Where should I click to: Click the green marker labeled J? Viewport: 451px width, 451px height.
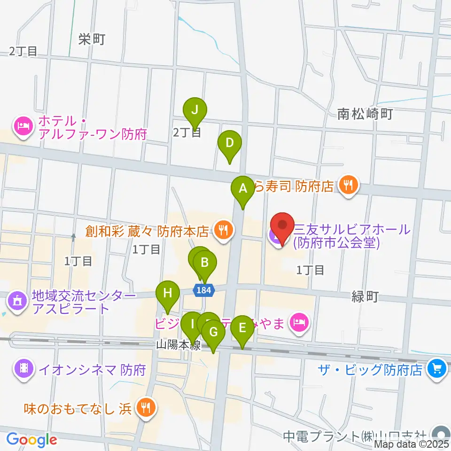click(x=195, y=111)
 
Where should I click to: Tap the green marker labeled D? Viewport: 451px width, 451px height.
click(x=229, y=143)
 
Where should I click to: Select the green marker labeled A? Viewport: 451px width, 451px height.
click(x=243, y=189)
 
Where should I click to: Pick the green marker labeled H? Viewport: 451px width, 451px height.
click(x=168, y=294)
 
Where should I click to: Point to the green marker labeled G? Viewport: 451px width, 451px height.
click(x=213, y=333)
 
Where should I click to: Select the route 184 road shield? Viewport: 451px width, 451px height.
click(x=204, y=290)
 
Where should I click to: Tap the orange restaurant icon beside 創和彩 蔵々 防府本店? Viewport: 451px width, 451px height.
click(x=222, y=231)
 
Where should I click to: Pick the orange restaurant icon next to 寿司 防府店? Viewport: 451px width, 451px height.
click(x=348, y=186)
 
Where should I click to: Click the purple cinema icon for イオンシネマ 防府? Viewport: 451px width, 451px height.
click(x=23, y=369)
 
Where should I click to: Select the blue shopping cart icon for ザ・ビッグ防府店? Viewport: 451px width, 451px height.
click(x=437, y=369)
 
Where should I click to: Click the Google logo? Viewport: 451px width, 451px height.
click(x=32, y=440)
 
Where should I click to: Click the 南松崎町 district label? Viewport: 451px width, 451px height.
click(x=365, y=114)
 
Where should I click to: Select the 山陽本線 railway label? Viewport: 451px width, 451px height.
click(x=179, y=346)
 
